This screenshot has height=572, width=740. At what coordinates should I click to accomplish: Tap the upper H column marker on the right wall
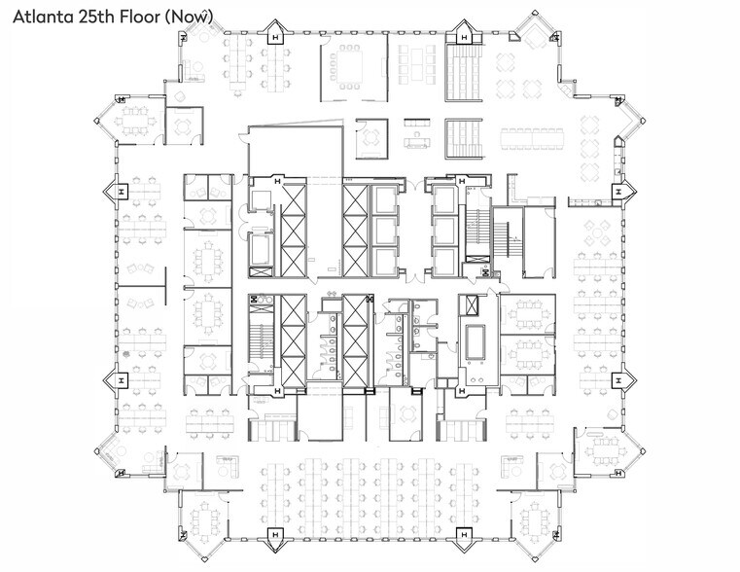[x=617, y=192]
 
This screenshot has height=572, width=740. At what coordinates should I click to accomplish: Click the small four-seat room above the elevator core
[x=370, y=138]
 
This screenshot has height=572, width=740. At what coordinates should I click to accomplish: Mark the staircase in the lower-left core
[x=259, y=336]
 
